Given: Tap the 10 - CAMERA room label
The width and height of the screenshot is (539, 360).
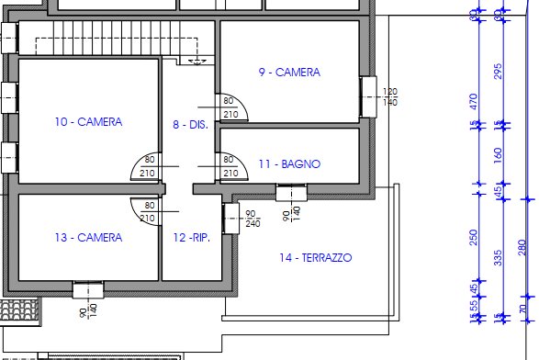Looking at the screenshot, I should point(88,121).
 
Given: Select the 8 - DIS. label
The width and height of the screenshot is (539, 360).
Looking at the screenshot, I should point(190,124).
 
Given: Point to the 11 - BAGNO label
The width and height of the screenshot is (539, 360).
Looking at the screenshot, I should point(288,164).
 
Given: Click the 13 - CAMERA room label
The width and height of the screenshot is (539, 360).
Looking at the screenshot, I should point(88,238).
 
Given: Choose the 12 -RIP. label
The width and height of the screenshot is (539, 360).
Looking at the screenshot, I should point(192,238).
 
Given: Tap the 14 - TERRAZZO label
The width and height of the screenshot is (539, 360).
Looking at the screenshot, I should point(315,258).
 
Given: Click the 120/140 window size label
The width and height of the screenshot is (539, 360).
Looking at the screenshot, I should point(390,96).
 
